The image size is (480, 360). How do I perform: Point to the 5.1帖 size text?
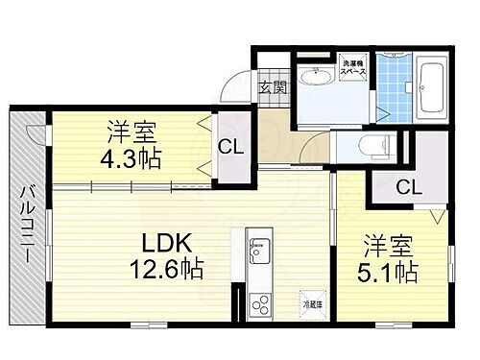coord(388,273)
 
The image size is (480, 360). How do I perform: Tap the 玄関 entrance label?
coord(273,87)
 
